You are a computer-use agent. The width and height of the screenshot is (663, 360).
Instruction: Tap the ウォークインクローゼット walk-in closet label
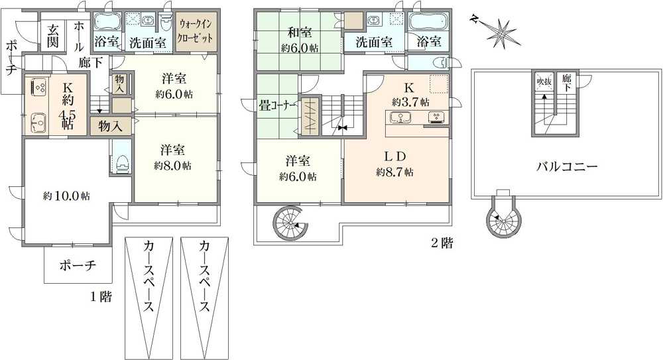coord(196,30)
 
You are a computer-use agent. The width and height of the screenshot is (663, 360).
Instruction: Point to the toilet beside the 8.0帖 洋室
coord(122,162)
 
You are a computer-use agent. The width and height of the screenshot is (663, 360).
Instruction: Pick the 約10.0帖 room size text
coord(66,196)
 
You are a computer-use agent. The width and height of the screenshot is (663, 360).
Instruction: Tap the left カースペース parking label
coord(149,276)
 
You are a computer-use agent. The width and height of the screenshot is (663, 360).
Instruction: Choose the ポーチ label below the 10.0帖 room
coord(78,266)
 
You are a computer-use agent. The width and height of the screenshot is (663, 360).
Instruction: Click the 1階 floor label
coord(101,296)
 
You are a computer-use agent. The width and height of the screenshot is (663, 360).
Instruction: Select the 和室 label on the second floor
coord(300,32)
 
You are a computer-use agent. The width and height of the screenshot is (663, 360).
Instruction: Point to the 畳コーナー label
coord(277,105)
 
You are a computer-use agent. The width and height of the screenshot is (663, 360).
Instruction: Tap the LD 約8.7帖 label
coord(395,164)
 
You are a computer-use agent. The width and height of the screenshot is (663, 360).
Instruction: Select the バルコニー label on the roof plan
coord(567,166)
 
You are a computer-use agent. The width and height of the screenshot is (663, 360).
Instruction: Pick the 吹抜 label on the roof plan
coord(544,81)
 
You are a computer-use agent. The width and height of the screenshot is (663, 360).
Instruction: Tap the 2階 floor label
coord(442,243)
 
